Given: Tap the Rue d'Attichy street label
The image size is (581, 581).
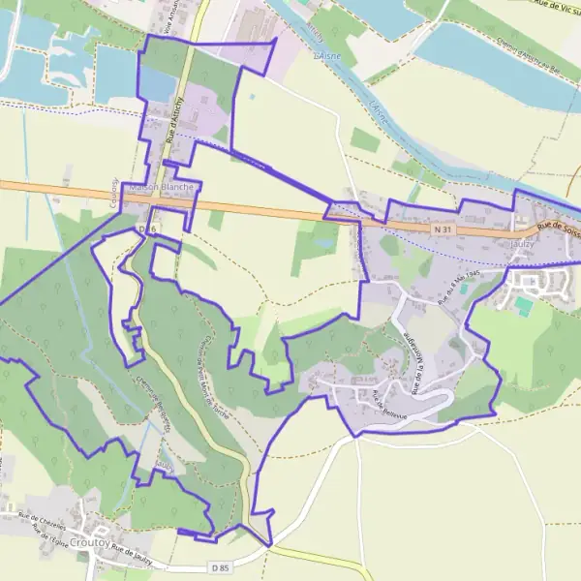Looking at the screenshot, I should coord(175,123).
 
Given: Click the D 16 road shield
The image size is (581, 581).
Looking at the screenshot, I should coord(147,229).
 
